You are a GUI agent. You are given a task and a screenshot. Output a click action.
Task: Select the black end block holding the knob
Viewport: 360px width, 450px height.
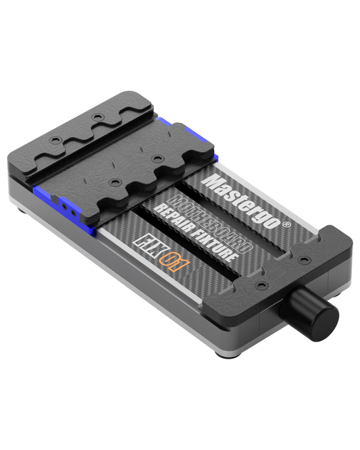(x=284, y=270)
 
